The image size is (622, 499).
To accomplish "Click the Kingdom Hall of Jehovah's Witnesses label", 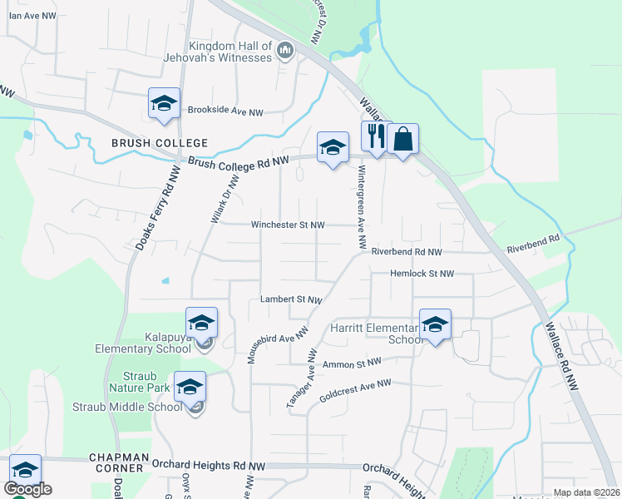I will click(230, 52).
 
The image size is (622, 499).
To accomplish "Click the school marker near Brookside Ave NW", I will click(164, 104).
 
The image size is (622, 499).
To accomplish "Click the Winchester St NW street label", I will click(288, 225).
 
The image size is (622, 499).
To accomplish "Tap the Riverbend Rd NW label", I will click(406, 251).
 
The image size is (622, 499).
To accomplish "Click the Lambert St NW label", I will click(290, 299).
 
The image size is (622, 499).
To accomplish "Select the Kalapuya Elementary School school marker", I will click(200, 323).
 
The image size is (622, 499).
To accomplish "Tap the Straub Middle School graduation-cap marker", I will click(190, 386).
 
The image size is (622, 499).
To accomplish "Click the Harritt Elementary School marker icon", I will click(434, 324).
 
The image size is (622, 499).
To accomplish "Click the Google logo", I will click(27, 489).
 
